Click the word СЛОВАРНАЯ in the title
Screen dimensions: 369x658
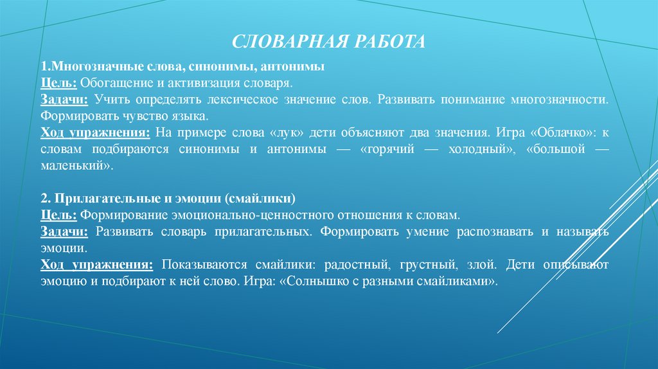coord(287,42)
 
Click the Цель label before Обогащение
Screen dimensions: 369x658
coord(59,84)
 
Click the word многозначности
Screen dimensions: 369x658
coord(559,101)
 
